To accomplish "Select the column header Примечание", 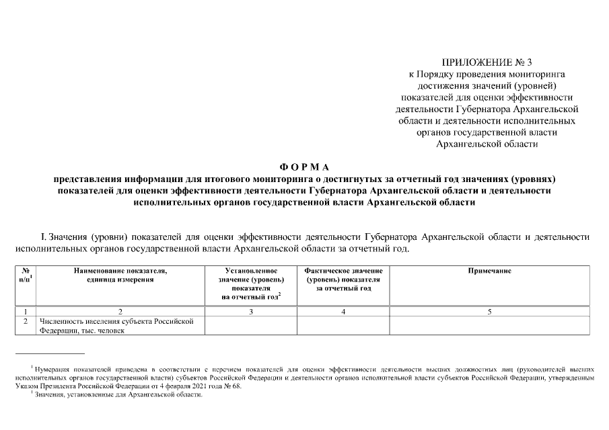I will coord(489,271).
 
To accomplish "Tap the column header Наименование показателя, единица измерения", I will coord(120,275).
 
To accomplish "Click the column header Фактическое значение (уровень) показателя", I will coord(343,279).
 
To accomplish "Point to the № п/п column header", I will coord(26,275).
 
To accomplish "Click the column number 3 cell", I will coord(251,311).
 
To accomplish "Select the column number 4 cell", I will coord(343,311).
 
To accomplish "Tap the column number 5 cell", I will coord(489,311).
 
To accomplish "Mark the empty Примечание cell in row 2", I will coord(489,325).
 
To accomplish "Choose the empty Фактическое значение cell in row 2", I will coord(343,325).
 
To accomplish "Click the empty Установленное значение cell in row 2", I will coord(251,325).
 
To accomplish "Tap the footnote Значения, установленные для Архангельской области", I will coord(118,395).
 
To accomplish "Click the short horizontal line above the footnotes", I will coord(50,353).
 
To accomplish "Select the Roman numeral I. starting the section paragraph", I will coord(44,236).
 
